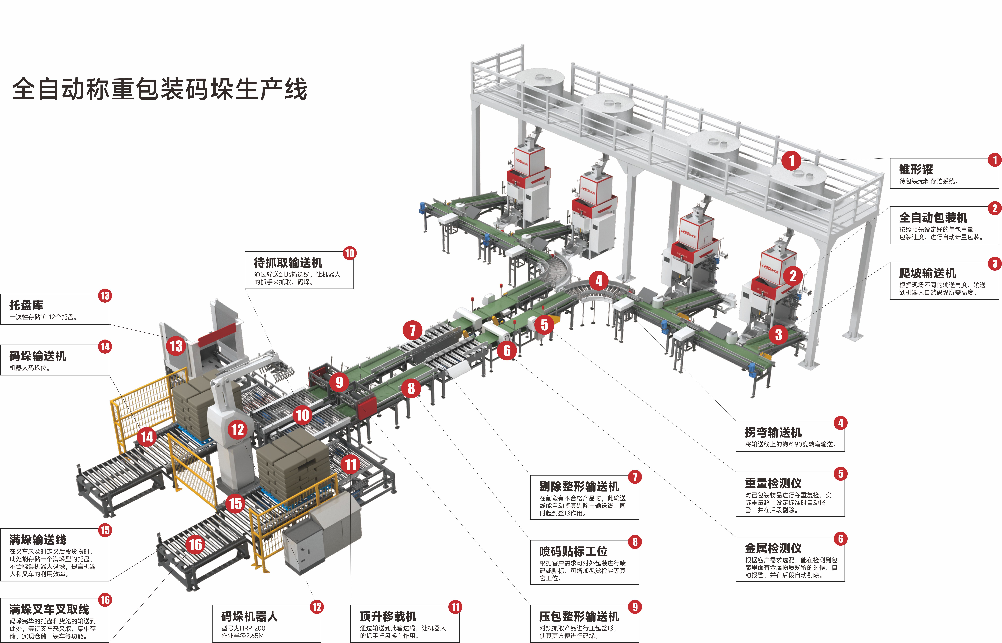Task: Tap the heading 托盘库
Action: [26, 305]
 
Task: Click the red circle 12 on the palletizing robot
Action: [238, 430]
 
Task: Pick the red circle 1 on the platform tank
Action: [791, 160]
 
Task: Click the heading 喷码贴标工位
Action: [573, 552]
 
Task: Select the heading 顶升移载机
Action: [388, 617]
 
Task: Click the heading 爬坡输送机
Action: [927, 273]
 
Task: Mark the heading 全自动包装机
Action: [933, 217]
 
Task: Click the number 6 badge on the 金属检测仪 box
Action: [840, 539]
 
